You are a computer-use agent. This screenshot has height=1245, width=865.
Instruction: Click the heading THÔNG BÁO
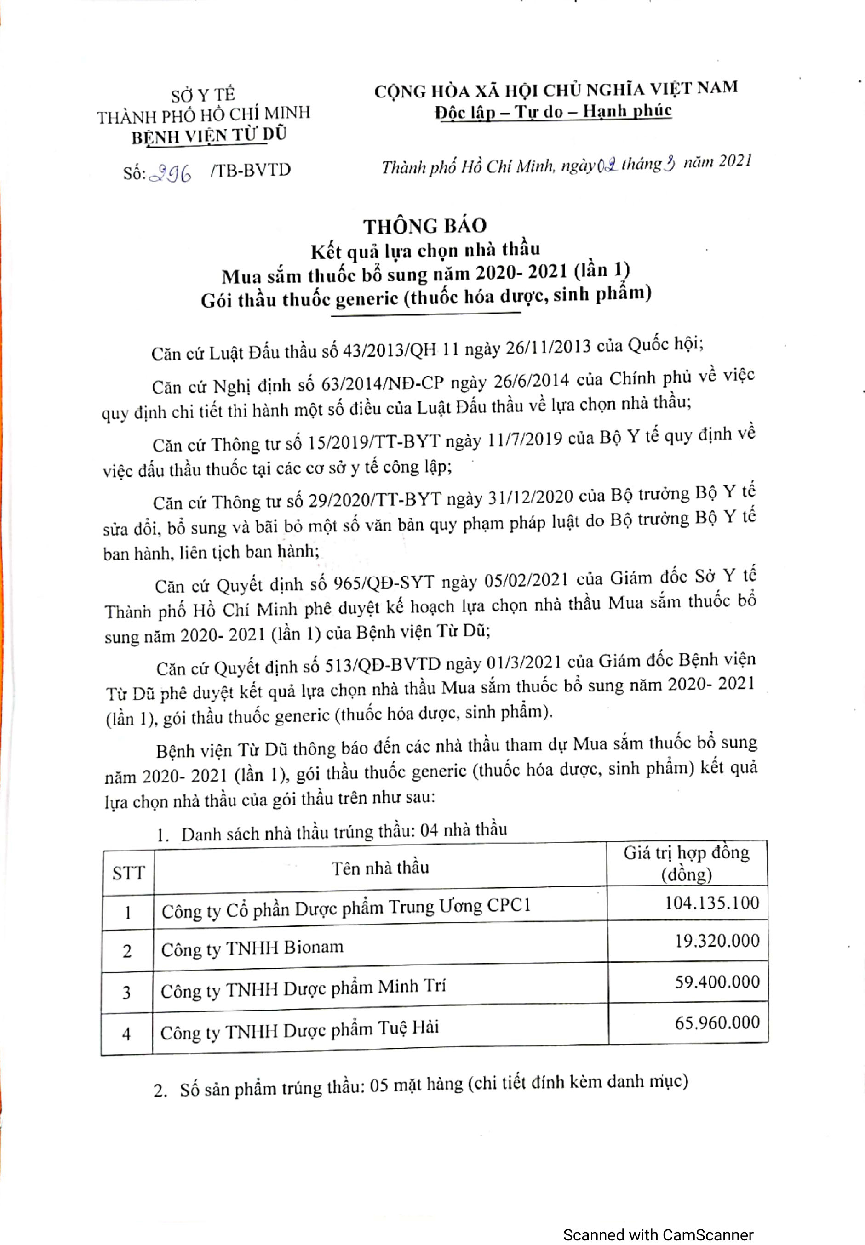[x=425, y=226]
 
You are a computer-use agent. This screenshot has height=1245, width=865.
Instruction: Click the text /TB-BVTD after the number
[x=250, y=170]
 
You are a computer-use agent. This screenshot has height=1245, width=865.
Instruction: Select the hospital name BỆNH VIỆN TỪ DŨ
[x=209, y=136]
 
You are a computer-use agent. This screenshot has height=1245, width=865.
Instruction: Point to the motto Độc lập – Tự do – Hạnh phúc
[x=553, y=112]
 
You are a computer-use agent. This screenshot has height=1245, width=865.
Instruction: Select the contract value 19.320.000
[x=716, y=941]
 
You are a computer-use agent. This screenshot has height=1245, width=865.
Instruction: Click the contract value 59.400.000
[x=716, y=981]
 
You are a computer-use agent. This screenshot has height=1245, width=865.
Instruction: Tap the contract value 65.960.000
[x=716, y=1022]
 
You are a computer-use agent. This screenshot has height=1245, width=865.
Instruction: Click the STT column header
[x=128, y=873]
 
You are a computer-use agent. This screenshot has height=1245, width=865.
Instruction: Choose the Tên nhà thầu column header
[x=380, y=868]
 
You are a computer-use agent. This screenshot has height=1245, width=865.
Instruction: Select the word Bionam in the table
[x=313, y=947]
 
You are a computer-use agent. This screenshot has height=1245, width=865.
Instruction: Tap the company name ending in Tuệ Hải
[x=299, y=1030]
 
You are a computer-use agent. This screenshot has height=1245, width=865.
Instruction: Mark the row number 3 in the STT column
[x=127, y=992]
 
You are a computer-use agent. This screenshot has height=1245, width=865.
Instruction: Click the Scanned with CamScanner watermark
[x=658, y=1220]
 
